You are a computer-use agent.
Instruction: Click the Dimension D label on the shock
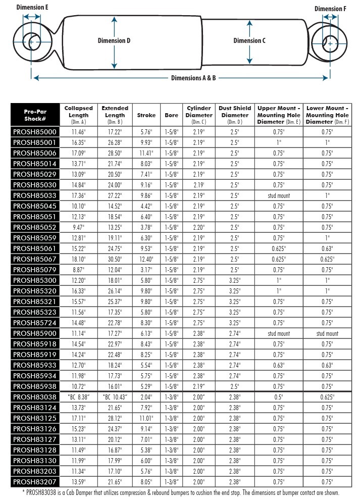[114, 41]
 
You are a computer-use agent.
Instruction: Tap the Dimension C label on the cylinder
[249, 41]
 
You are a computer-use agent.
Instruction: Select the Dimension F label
[330, 9]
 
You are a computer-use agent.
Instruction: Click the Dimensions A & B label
[193, 78]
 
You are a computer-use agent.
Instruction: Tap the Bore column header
[171, 115]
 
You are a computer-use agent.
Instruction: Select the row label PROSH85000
[35, 131]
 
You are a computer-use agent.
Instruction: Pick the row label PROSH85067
[35, 259]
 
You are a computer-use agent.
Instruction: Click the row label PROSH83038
[35, 396]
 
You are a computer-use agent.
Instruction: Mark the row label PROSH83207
[35, 481]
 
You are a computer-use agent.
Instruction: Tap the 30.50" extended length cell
[115, 259]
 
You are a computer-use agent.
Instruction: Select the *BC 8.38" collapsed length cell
[78, 396]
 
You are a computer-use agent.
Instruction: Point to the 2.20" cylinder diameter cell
[199, 227]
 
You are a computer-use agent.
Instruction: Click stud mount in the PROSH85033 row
[279, 195]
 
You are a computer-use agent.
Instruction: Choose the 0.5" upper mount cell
[279, 396]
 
